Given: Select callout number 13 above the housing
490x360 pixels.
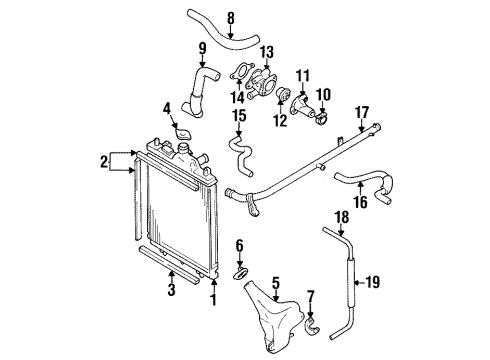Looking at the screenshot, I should (x=266, y=52).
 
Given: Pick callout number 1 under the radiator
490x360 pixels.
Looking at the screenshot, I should (x=213, y=298).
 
